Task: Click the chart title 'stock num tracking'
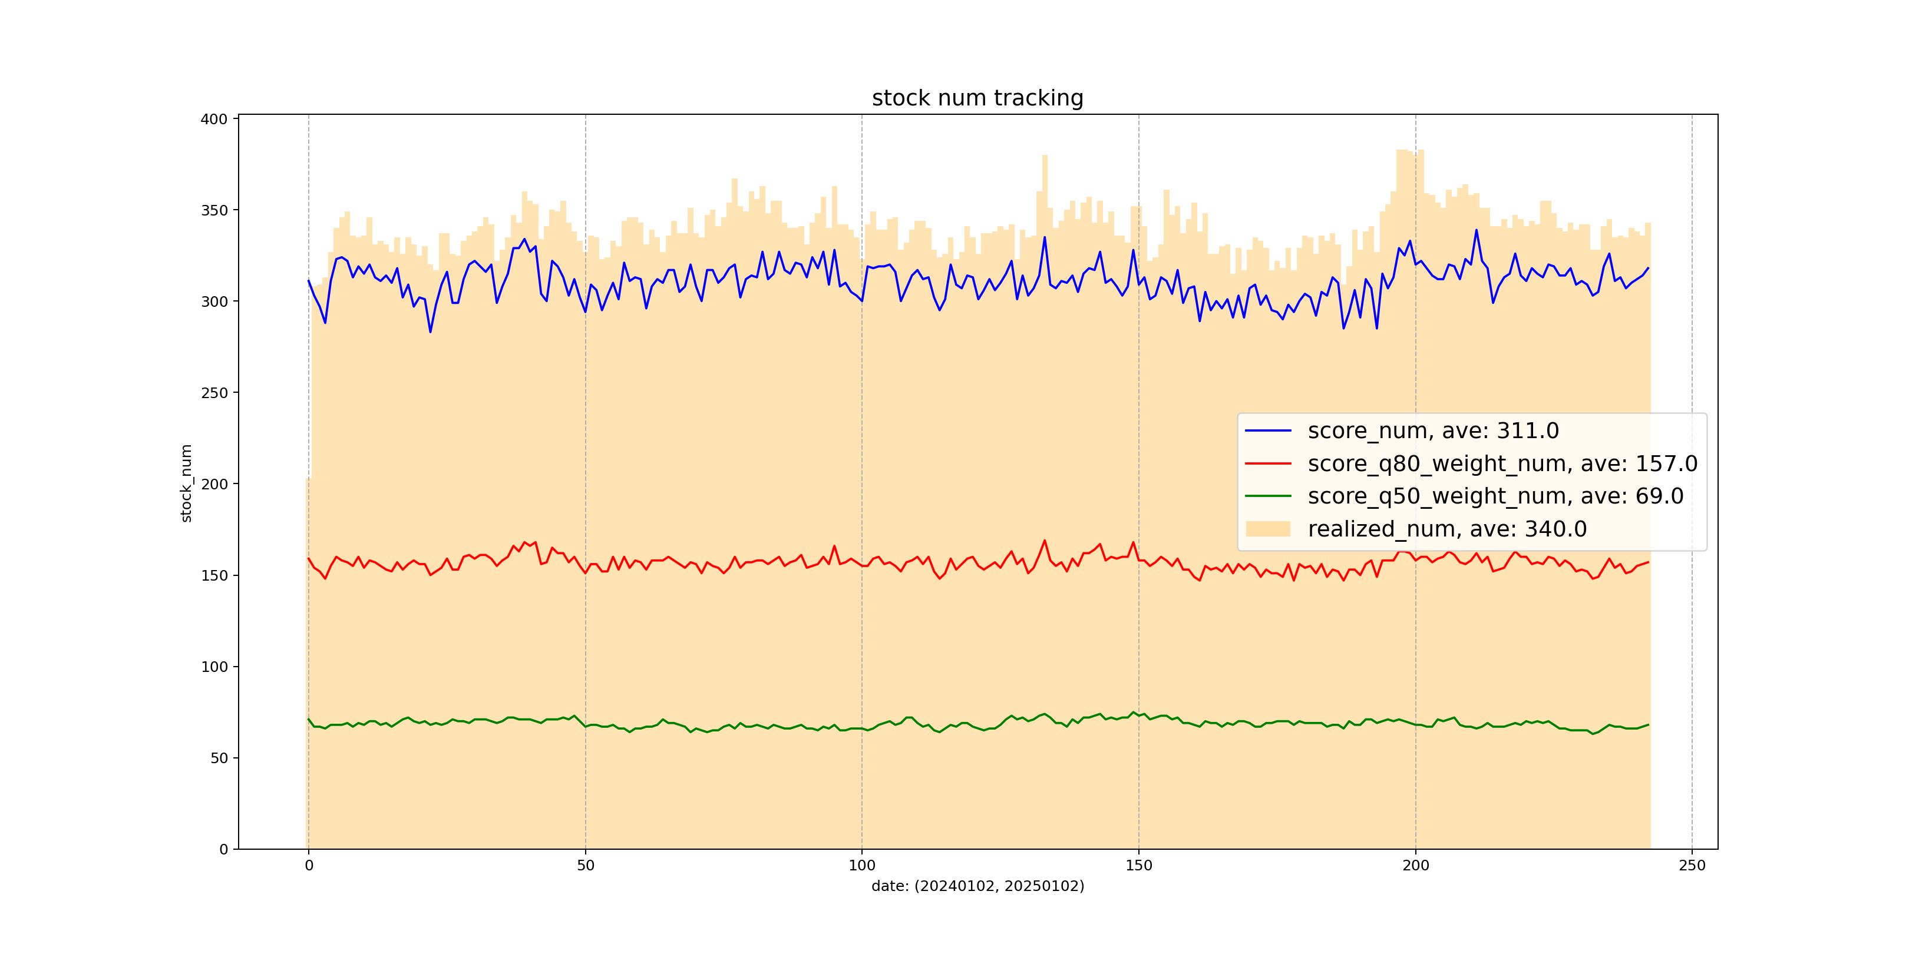[x=977, y=98]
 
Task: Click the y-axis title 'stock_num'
[x=186, y=483]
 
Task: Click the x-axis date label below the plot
[x=977, y=886]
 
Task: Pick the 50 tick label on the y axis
[x=219, y=758]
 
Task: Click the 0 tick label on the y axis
[x=223, y=850]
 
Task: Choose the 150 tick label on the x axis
[x=1138, y=865]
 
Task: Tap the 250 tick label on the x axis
[x=1692, y=865]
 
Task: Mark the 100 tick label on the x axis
[x=861, y=865]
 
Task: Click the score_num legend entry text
[x=1432, y=430]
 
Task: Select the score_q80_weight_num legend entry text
[x=1502, y=463]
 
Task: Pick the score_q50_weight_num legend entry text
[x=1495, y=496]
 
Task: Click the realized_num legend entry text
[x=1446, y=529]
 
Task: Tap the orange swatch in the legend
[x=1268, y=529]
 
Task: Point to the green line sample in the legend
[x=1268, y=496]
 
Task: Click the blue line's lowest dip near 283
[x=431, y=331]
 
